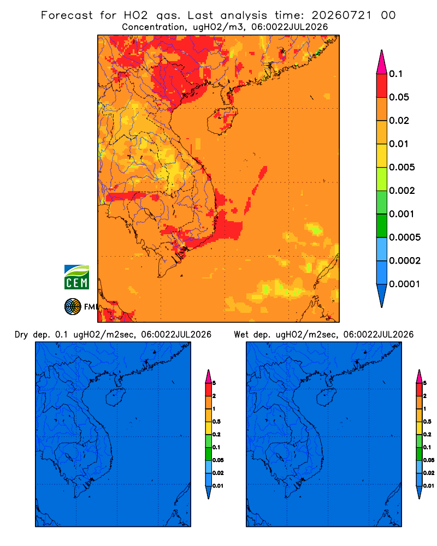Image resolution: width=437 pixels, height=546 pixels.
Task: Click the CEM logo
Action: (x=76, y=277)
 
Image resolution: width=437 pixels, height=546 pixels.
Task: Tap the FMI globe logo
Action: (x=73, y=306)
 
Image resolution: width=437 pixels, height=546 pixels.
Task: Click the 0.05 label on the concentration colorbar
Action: (x=399, y=97)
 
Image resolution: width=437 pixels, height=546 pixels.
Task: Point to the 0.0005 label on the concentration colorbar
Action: (x=405, y=238)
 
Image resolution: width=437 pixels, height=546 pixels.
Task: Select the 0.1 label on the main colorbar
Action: (x=395, y=74)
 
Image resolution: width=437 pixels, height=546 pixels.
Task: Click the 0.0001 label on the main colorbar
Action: (x=405, y=284)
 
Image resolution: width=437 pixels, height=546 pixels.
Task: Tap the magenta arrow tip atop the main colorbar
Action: (x=382, y=62)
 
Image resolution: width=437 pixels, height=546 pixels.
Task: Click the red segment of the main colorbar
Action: (x=382, y=86)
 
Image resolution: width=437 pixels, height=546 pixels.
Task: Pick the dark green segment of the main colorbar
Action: (x=382, y=225)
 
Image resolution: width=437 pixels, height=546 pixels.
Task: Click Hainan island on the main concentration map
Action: (x=222, y=121)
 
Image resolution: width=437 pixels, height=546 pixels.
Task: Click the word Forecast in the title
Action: (x=67, y=15)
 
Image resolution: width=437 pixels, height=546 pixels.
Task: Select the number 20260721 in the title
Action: (x=341, y=15)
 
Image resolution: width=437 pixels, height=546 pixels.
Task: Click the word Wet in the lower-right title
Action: (x=241, y=335)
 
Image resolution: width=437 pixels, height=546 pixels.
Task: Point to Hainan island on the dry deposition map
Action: (x=116, y=397)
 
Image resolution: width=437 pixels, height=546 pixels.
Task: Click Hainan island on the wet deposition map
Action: (x=327, y=397)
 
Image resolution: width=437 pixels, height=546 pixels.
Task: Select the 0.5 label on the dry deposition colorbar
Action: (x=216, y=422)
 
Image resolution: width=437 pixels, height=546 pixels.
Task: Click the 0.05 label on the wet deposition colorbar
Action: (x=429, y=460)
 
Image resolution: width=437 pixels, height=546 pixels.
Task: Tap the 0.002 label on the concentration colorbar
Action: (x=402, y=191)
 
